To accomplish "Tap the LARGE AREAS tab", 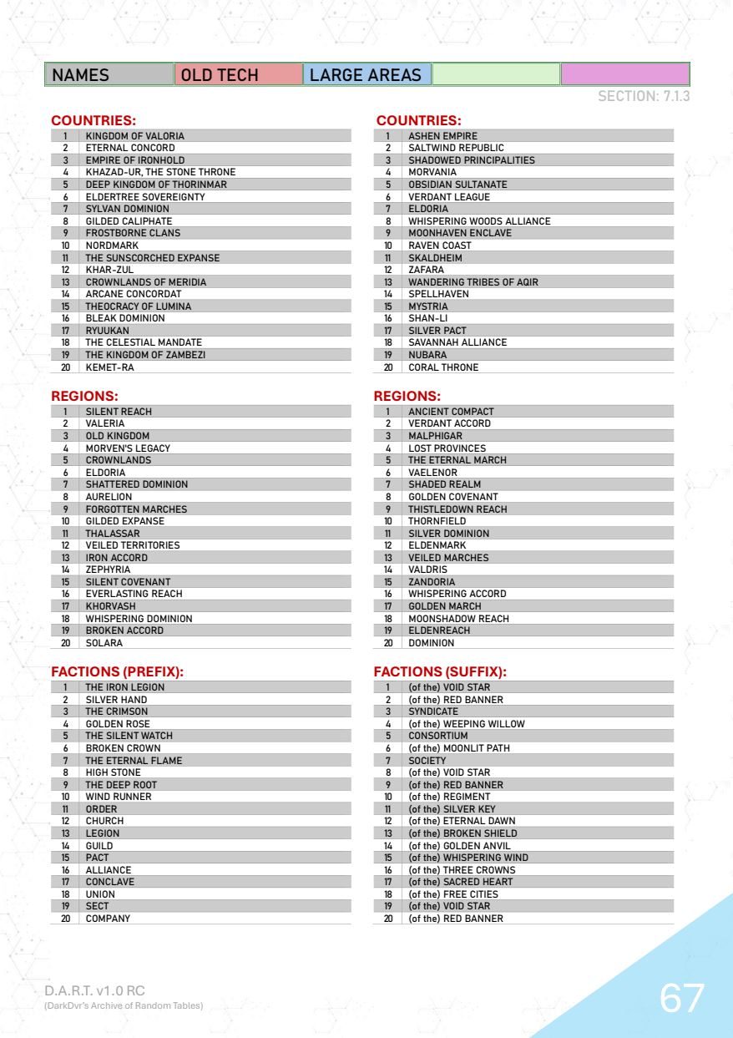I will coord(366,75).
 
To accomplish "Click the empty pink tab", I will coord(625,75).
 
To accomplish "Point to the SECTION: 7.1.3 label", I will coord(644,97).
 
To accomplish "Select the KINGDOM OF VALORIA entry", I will coord(134,135).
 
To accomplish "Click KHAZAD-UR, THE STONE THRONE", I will coord(160,172).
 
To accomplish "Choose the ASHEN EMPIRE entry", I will coord(442,135).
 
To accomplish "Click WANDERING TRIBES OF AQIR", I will coord(473,281).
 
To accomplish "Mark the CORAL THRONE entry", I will coord(443,367).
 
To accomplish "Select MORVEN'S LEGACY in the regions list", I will coord(128,448).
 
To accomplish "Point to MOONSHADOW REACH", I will coord(452,619).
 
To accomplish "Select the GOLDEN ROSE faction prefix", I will coord(118,723).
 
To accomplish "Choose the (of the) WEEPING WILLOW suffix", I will coord(466,723).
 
